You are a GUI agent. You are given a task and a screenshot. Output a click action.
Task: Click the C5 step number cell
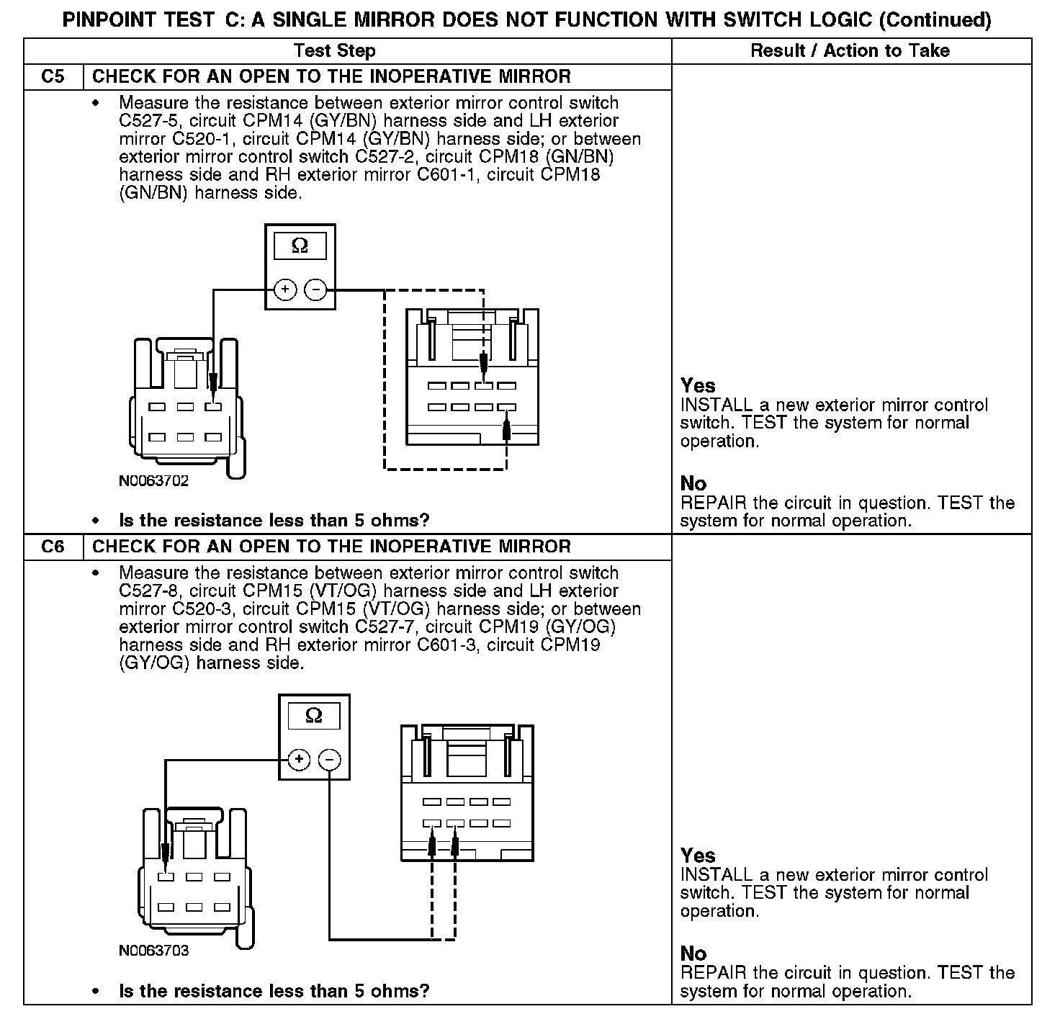[53, 77]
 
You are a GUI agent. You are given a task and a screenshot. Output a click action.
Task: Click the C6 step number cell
[53, 547]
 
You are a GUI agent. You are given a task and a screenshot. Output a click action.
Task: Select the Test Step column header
[335, 50]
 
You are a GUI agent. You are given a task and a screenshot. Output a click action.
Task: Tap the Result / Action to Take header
[850, 50]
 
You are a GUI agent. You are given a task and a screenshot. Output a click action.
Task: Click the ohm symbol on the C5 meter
[300, 246]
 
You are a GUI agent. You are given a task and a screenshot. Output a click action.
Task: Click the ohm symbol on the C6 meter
[314, 715]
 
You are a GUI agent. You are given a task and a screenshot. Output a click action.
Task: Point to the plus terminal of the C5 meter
[285, 290]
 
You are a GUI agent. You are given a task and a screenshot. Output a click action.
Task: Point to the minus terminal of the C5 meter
[315, 290]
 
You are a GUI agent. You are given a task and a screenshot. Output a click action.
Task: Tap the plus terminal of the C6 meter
[299, 760]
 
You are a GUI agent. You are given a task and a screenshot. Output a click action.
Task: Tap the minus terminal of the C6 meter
[330, 760]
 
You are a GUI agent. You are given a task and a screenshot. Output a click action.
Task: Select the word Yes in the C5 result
[697, 386]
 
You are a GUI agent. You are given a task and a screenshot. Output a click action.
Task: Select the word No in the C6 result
[693, 954]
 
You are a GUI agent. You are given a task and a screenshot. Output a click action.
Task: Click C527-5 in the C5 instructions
[147, 121]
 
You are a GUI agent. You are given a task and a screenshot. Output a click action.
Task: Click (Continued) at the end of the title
[935, 19]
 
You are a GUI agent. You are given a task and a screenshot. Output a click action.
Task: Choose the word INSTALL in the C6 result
[717, 875]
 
